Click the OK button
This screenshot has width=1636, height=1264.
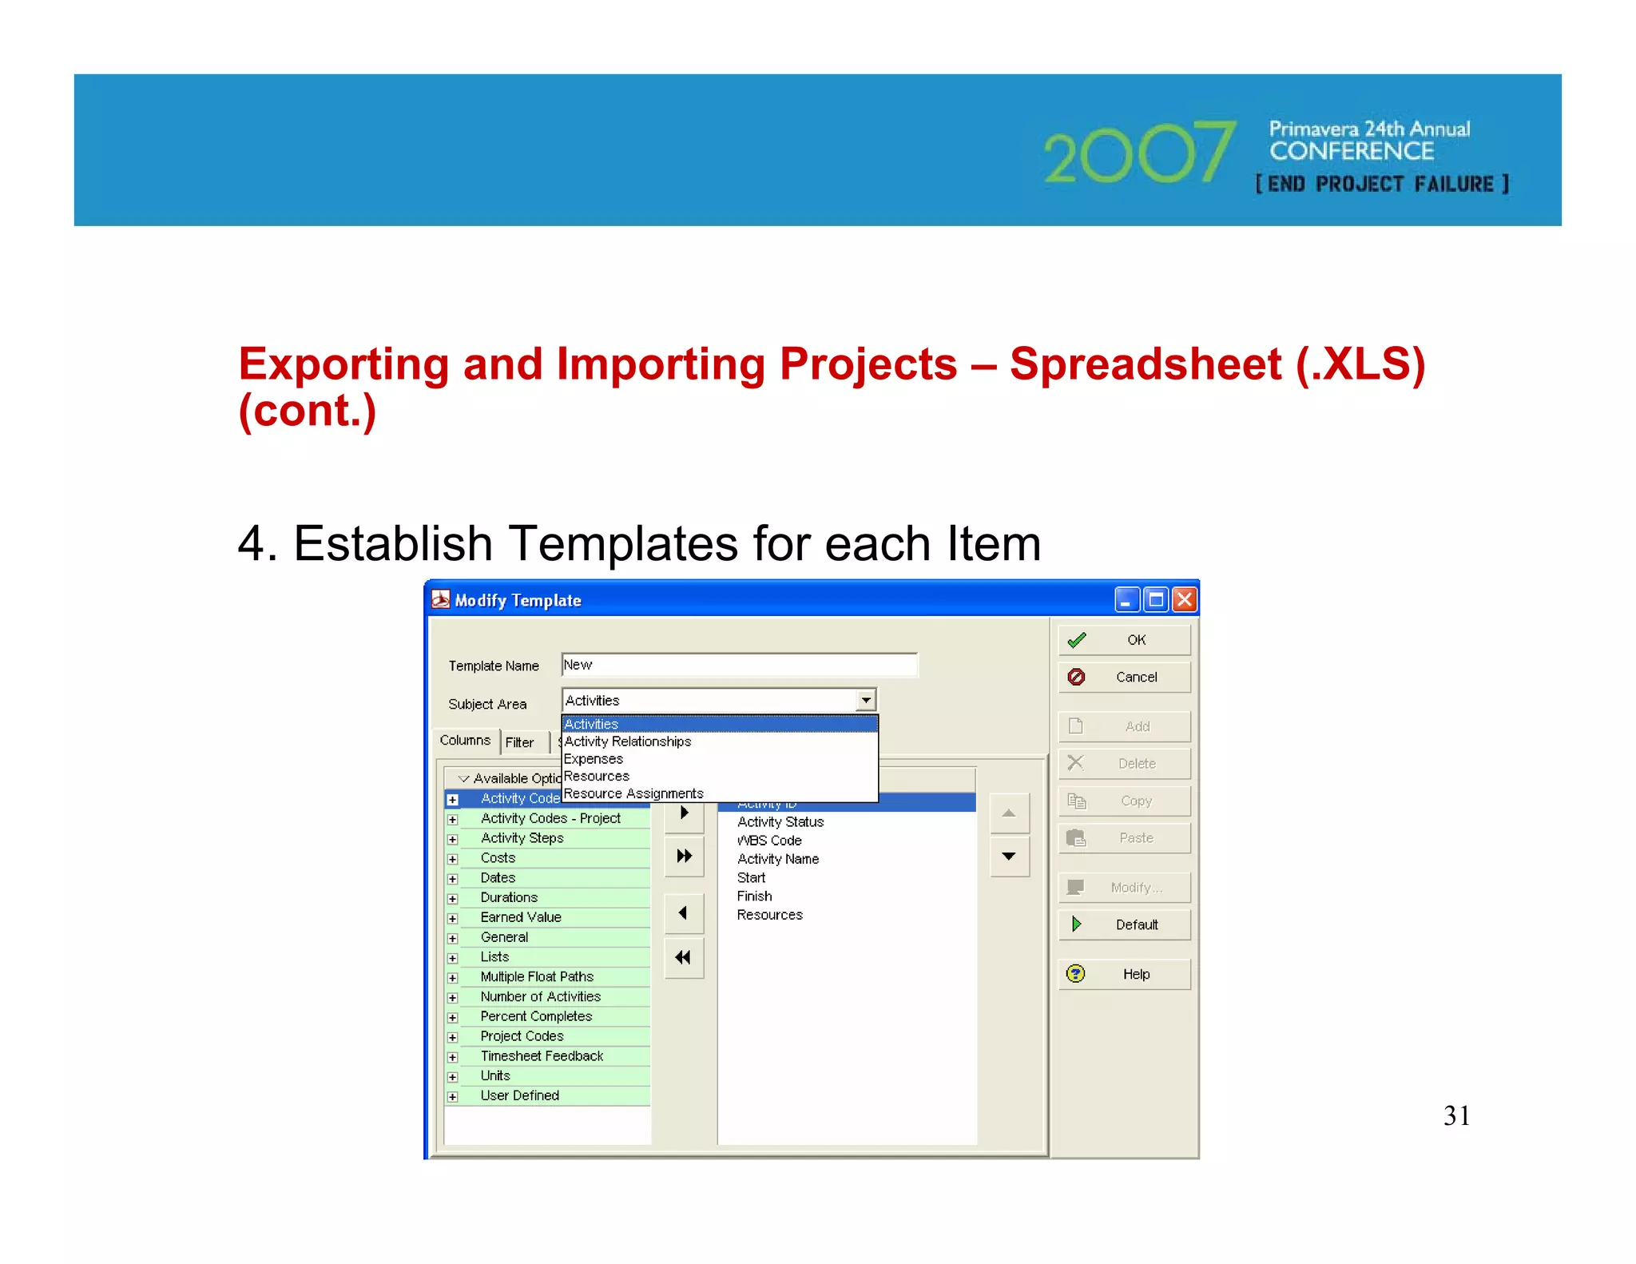coord(1124,640)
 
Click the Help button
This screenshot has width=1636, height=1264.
coord(1124,974)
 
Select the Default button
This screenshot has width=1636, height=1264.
coord(1124,924)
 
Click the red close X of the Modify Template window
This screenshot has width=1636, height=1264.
coord(1185,599)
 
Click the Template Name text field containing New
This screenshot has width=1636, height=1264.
coord(739,665)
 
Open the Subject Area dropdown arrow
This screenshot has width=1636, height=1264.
coord(866,700)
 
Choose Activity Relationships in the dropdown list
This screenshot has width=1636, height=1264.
coord(628,741)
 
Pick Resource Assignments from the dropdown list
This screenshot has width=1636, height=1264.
coord(633,793)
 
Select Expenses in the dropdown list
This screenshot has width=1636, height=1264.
coord(594,759)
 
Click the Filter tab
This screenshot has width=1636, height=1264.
coord(520,742)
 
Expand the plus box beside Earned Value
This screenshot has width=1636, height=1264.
coord(452,918)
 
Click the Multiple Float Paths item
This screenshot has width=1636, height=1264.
coord(537,976)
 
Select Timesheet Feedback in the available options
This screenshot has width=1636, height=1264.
coord(542,1055)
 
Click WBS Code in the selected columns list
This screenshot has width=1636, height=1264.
coord(769,841)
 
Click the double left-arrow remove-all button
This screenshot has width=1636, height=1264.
coord(683,957)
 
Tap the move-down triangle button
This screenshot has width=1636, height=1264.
coord(1009,857)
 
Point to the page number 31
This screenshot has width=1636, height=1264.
coord(1456,1115)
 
